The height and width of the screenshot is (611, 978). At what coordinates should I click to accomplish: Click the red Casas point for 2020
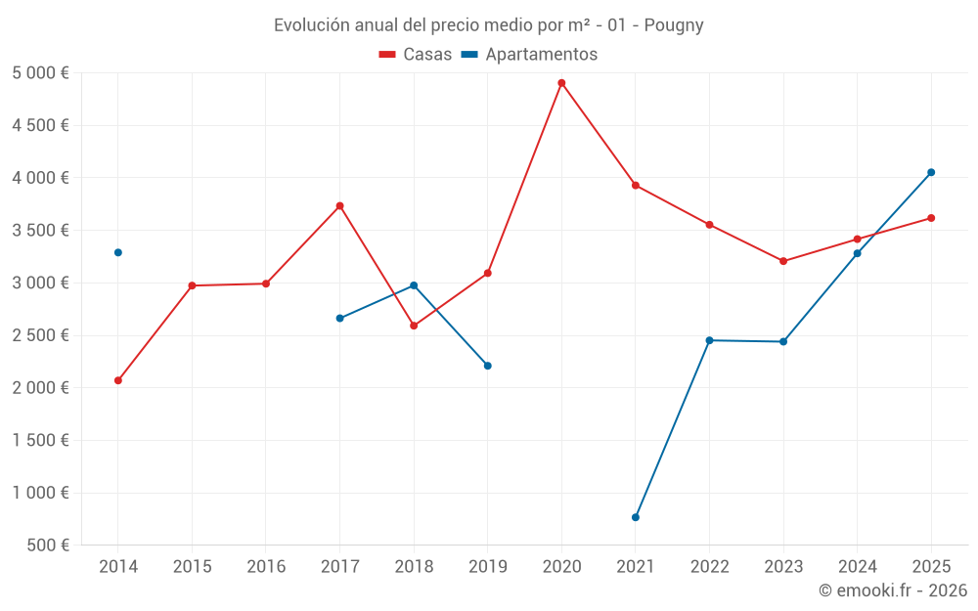click(561, 83)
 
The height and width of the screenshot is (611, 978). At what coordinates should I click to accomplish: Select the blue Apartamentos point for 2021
click(636, 517)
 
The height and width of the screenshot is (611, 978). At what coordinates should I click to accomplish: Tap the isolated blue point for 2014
click(118, 252)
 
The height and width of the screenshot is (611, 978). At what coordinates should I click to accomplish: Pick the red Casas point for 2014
click(118, 380)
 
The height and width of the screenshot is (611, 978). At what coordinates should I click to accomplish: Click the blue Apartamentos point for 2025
click(931, 172)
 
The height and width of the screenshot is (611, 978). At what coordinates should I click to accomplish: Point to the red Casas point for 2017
click(339, 206)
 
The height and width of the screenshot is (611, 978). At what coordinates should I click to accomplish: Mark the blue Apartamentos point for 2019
click(488, 366)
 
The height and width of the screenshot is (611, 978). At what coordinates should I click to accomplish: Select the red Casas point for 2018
click(414, 326)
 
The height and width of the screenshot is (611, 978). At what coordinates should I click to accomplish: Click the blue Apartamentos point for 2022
click(709, 340)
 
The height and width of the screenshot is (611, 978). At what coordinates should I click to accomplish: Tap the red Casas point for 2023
click(783, 261)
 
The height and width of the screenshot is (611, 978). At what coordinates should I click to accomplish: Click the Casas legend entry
click(416, 55)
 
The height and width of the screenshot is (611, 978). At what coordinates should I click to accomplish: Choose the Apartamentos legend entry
click(529, 55)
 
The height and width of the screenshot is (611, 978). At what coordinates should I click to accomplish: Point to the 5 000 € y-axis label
click(40, 73)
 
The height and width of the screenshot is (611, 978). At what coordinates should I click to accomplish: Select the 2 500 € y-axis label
click(40, 335)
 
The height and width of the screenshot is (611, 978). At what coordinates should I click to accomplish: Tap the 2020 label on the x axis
click(561, 567)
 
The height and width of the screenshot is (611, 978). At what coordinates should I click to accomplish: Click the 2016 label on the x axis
click(266, 567)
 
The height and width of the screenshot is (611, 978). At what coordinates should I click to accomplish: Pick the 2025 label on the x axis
click(931, 567)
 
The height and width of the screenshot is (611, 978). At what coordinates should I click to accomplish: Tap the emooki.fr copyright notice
click(893, 590)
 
